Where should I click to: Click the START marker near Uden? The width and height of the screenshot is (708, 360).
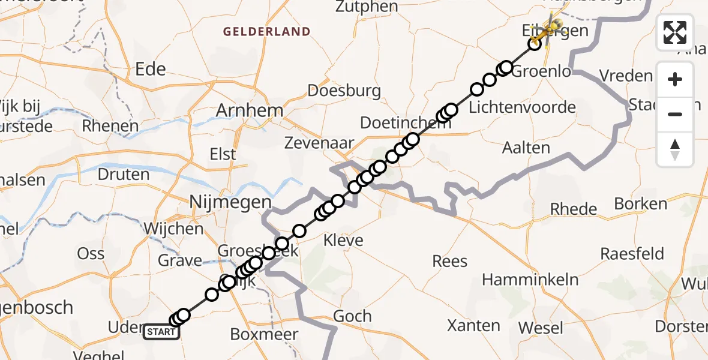pos(161,331)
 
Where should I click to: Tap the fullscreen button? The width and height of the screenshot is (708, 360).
pos(675,32)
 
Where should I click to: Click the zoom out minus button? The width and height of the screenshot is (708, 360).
pos(675,114)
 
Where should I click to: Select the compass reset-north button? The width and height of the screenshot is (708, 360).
pos(675,149)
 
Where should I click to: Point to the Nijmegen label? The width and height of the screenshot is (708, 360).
pos(230,203)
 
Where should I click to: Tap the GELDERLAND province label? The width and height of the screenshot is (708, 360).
pos(267,32)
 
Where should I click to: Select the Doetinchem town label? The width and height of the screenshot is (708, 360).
pos(397,123)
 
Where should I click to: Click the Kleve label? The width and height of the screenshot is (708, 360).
pos(343,241)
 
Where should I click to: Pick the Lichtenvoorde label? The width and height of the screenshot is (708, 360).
pos(514,108)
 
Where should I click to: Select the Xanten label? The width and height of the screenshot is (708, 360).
pos(473,326)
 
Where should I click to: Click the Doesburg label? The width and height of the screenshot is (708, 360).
pos(344,91)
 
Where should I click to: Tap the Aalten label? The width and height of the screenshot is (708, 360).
pos(526,148)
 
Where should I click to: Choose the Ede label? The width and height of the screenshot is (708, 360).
pos(151,70)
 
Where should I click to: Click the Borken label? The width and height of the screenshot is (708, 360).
pos(641,203)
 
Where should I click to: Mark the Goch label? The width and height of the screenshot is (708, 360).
pos(352,316)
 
